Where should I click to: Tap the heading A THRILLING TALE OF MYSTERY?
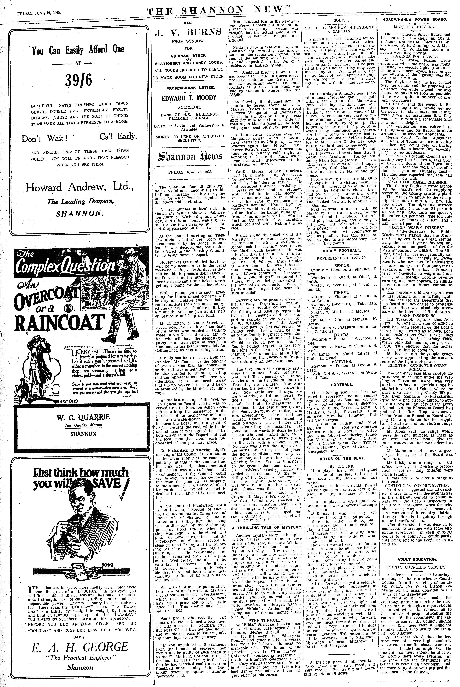267,527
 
